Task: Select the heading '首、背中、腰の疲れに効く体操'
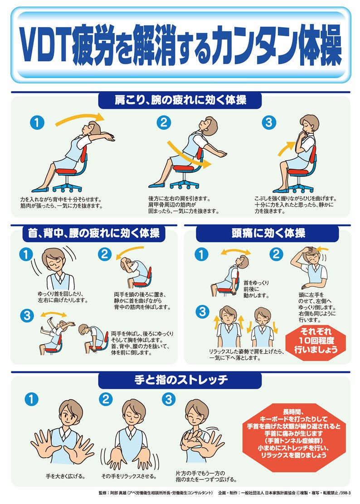(91, 233)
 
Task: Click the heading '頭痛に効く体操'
(267, 233)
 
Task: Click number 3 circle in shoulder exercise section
(269, 122)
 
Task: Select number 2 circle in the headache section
(276, 254)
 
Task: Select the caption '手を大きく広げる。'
(66, 476)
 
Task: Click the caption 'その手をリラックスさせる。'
(129, 476)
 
